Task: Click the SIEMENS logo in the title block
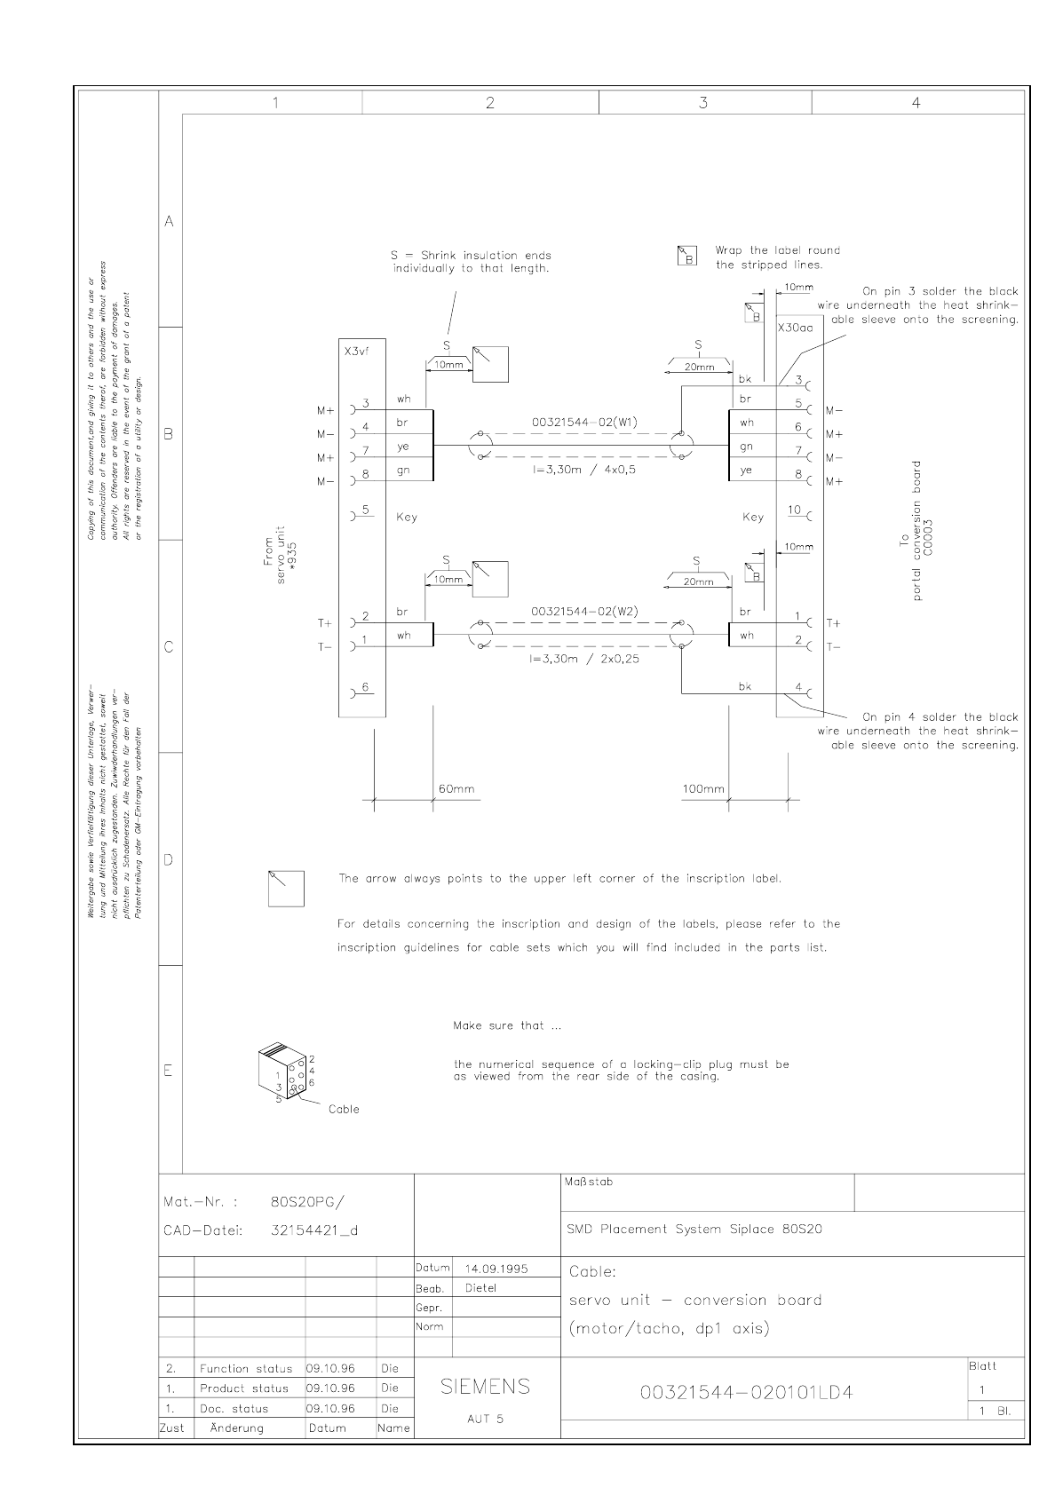click(486, 1387)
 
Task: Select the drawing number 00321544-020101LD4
click(746, 1392)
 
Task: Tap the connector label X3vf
click(355, 352)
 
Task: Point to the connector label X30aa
click(795, 328)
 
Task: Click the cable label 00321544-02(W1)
click(584, 422)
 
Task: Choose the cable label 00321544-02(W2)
click(584, 612)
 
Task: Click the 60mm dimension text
click(456, 788)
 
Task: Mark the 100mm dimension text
click(702, 788)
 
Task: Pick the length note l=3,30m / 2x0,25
click(584, 659)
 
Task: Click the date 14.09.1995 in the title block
click(496, 1269)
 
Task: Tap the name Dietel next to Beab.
click(481, 1288)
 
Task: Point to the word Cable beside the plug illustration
click(344, 1109)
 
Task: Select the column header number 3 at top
click(703, 103)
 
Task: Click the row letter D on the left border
click(169, 859)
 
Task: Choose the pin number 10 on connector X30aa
click(795, 510)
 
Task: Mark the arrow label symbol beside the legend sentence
click(286, 889)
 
